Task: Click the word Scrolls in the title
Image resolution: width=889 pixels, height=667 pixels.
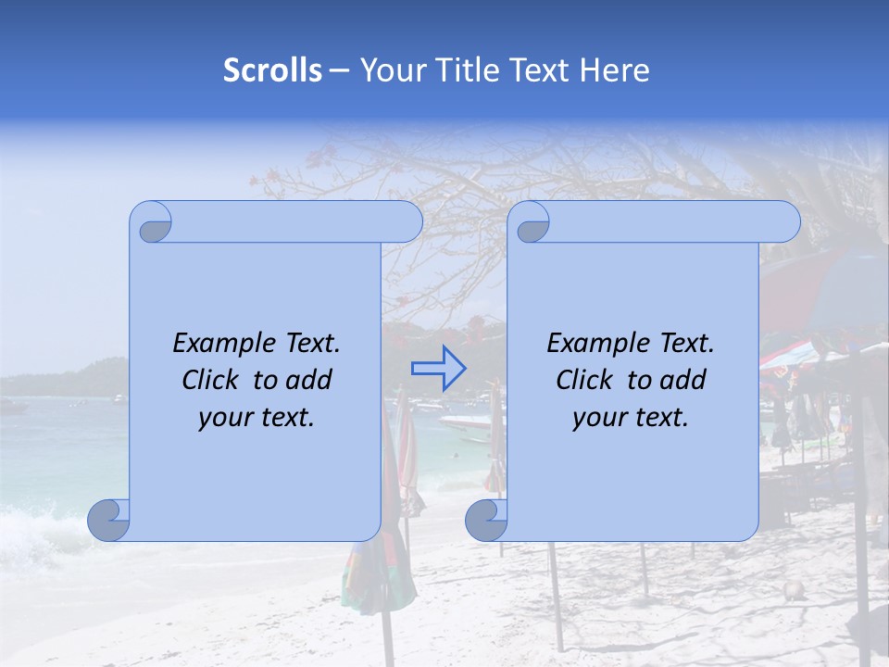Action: pos(272,70)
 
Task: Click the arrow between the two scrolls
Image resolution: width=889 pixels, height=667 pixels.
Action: pos(438,368)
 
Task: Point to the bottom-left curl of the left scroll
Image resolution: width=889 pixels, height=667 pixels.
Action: pos(109,520)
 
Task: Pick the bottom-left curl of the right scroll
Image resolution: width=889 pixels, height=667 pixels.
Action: pos(486,520)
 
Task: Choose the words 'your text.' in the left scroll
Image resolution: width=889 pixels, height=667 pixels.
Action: pos(257,417)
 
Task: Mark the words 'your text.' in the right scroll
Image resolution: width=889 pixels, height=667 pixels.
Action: pos(631,417)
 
